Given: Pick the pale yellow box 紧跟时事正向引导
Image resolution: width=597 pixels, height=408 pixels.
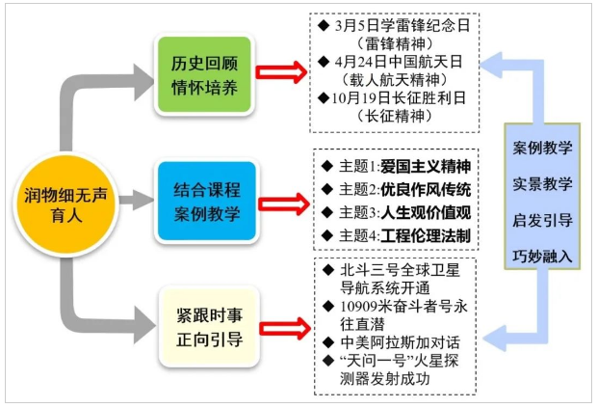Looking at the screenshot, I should tap(205, 328).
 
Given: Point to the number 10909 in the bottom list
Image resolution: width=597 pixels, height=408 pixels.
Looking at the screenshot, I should tap(362, 306).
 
